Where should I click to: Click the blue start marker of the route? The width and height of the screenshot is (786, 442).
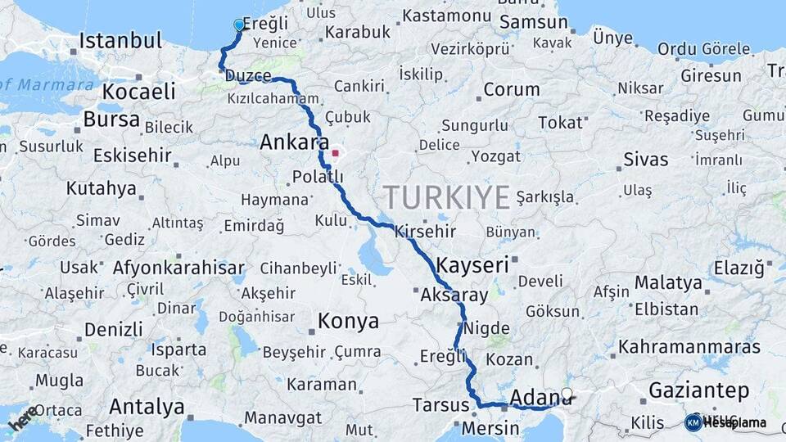[239, 25]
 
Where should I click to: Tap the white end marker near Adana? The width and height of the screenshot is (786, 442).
[567, 394]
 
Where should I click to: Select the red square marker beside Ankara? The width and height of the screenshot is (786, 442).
[335, 152]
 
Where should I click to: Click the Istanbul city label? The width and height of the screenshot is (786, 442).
[120, 41]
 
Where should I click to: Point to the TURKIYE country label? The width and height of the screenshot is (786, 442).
[447, 197]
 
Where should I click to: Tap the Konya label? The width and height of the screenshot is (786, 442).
[349, 321]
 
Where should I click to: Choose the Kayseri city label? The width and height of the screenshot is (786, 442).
[472, 265]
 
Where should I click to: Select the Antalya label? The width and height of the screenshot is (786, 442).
[147, 407]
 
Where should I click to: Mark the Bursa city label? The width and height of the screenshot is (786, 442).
[111, 120]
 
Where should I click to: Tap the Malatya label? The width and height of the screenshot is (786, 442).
[668, 283]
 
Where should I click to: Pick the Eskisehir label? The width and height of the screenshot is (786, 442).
[132, 156]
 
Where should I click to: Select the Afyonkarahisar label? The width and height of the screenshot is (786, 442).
[178, 268]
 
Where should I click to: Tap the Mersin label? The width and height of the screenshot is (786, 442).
[490, 428]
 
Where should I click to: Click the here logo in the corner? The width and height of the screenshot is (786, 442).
[22, 417]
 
